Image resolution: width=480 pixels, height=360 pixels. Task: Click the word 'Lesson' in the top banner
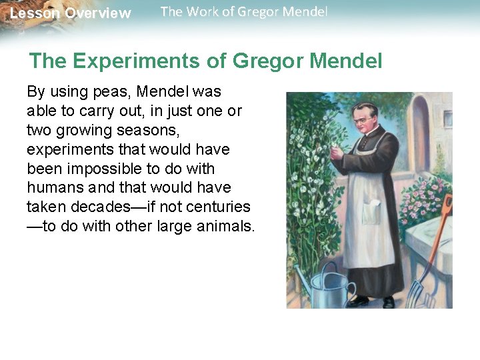coord(34,13)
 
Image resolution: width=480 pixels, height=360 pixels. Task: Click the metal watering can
coord(329,283)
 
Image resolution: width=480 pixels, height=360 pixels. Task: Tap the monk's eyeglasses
coord(363,120)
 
